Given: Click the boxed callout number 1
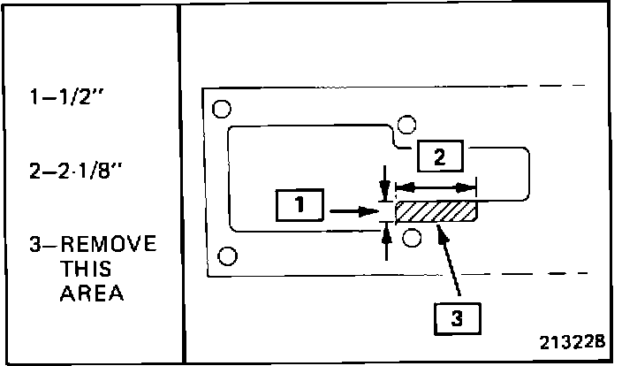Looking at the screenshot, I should pos(301,207).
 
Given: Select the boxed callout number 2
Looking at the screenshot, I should pos(438,156).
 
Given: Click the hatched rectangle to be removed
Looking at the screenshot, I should pos(435,212).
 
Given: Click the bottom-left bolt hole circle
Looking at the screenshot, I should pos(227,256).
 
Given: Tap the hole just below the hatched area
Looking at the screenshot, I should pos(410,237).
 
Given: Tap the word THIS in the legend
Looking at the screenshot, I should pos(87,270).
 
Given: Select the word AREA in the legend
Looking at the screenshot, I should pos(91,294).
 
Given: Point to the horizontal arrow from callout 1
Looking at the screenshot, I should pos(353,212).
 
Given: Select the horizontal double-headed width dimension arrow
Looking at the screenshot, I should pos(435,187).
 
